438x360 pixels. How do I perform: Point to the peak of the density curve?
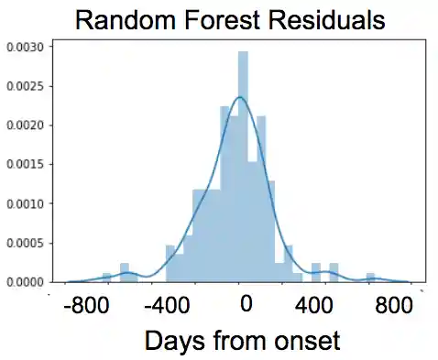[x=240, y=96]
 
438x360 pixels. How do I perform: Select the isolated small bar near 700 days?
[x=370, y=277]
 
